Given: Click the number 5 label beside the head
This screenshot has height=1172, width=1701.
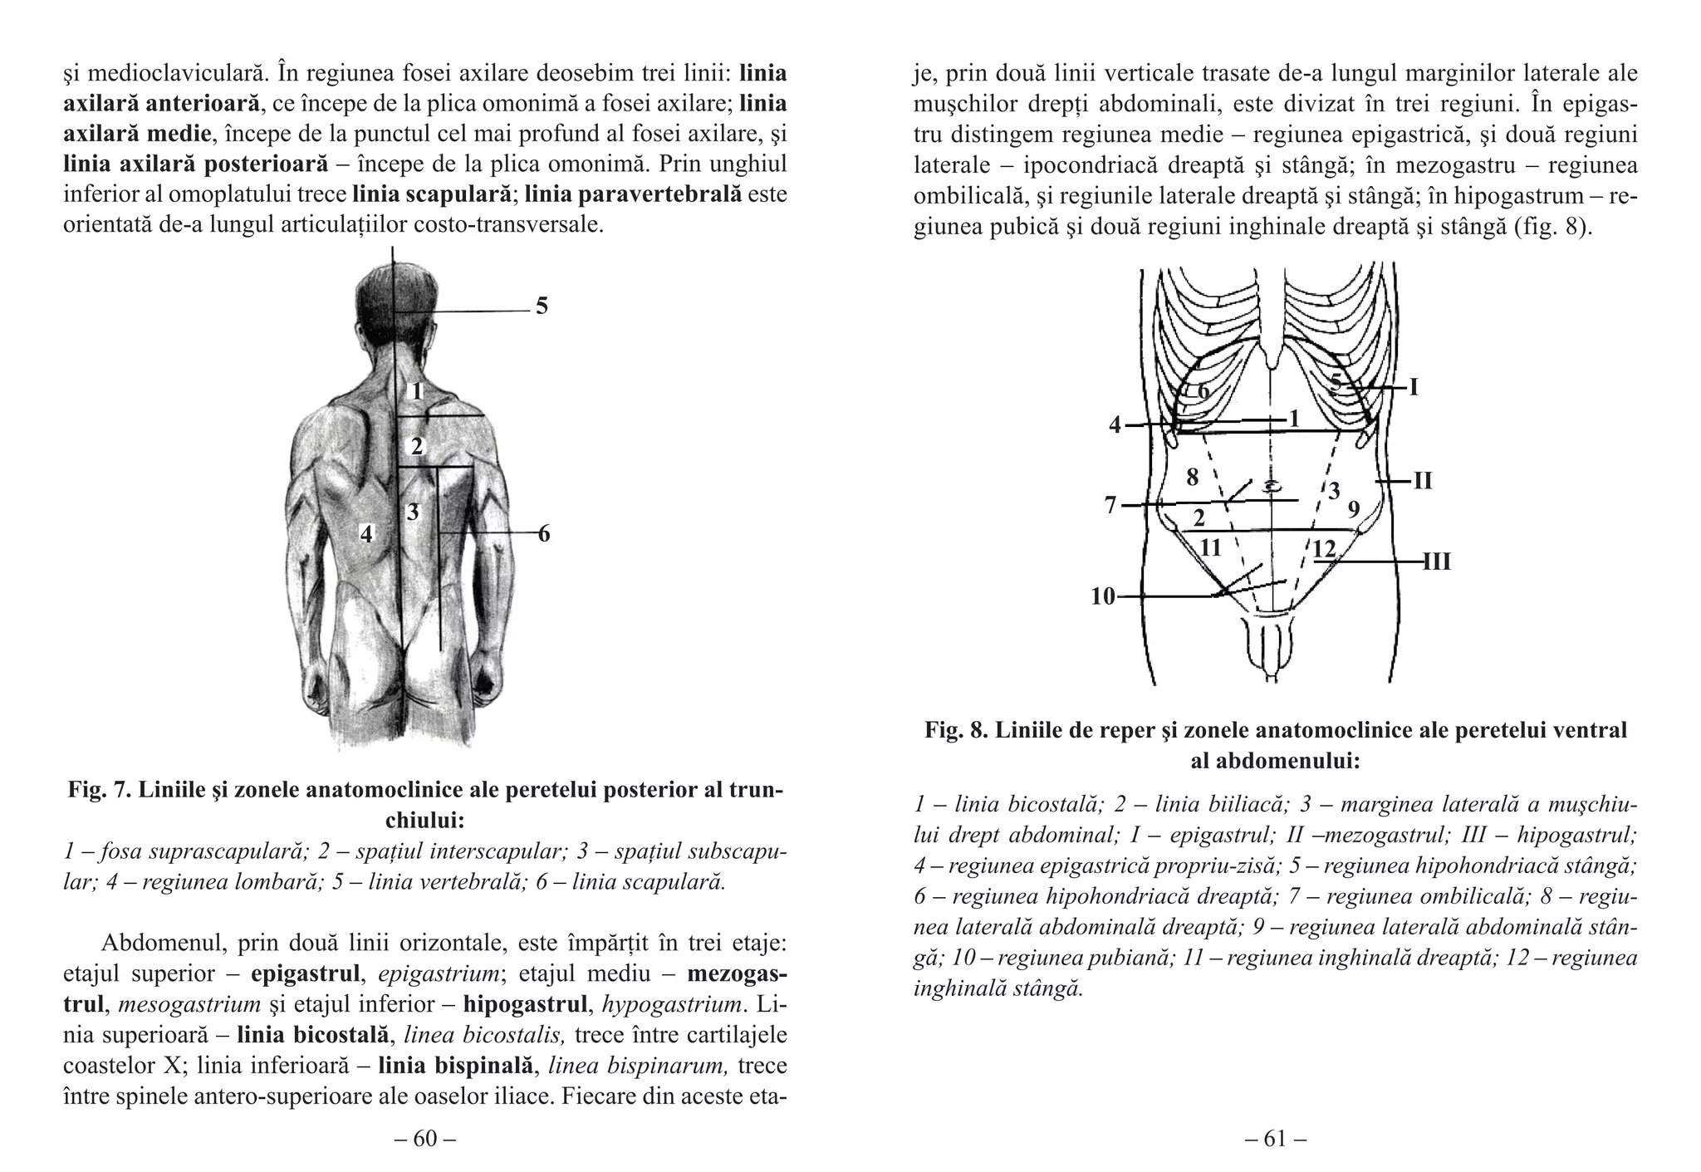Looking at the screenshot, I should [542, 306].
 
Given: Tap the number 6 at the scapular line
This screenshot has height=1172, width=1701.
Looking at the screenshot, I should [544, 534].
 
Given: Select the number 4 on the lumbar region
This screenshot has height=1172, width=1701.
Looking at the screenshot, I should [366, 533].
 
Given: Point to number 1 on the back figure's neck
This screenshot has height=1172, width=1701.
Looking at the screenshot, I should [418, 390].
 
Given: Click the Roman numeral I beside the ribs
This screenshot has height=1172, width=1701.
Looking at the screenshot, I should [1414, 387].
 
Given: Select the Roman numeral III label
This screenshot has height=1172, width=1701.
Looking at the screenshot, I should [1437, 562].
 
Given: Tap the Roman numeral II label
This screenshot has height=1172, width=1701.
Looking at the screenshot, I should [1423, 481].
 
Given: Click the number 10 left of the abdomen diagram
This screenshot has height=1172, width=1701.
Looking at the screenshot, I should [1103, 596].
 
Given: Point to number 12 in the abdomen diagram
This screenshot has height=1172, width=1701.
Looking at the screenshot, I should [1324, 549].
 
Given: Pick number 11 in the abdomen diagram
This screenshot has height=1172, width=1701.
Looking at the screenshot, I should [1211, 548].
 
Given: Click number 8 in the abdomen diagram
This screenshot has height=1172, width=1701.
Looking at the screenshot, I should [1193, 478].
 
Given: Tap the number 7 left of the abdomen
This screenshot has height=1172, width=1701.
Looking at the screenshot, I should [1110, 504].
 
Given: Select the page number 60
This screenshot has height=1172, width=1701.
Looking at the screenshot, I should [424, 1139].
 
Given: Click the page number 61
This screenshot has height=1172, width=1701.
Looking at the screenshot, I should [1275, 1139].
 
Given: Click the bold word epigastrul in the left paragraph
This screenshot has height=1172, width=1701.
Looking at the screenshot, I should [305, 973].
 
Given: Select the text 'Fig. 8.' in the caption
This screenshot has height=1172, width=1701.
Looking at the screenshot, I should [957, 730].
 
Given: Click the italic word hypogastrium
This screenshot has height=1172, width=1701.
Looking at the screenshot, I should [671, 1005].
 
